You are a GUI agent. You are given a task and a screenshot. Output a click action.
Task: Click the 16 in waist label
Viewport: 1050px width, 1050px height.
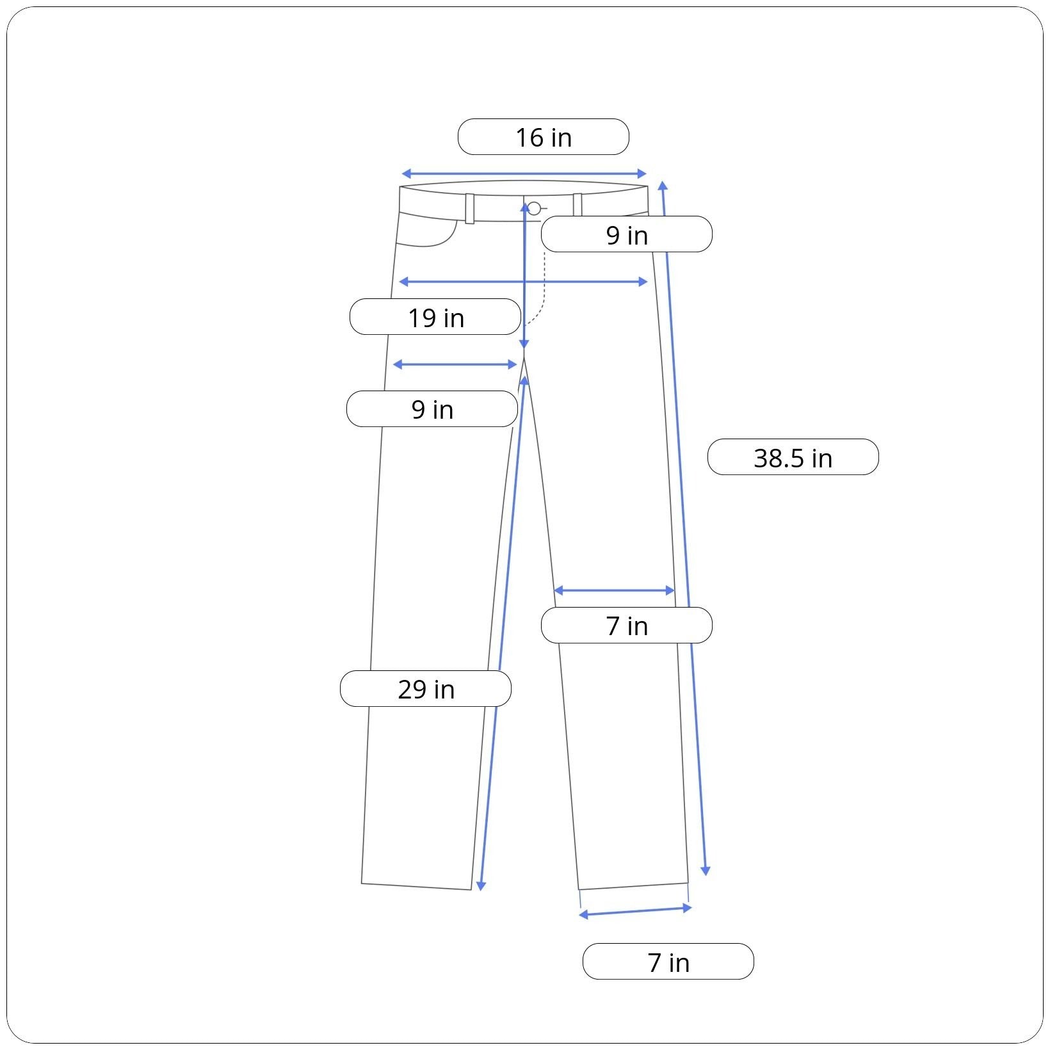(x=544, y=136)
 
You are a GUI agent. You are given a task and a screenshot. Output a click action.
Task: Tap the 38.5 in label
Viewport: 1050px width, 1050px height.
(x=793, y=457)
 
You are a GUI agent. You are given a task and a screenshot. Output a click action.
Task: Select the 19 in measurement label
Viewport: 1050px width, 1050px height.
(x=435, y=317)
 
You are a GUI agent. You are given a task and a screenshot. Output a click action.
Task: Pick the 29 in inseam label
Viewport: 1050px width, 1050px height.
(x=426, y=689)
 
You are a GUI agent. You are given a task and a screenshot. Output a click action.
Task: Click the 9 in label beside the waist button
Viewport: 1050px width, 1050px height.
(x=627, y=234)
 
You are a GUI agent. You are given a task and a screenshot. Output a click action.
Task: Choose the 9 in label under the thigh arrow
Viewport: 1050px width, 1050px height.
(x=432, y=409)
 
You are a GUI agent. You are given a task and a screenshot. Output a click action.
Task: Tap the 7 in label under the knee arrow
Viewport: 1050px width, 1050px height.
(x=627, y=626)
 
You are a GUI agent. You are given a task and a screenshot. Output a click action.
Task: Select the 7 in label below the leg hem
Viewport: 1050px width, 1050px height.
(x=668, y=962)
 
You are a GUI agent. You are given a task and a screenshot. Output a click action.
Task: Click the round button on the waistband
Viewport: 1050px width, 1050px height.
(x=534, y=208)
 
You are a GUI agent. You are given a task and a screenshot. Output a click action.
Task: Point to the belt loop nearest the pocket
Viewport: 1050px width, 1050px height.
(x=470, y=209)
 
